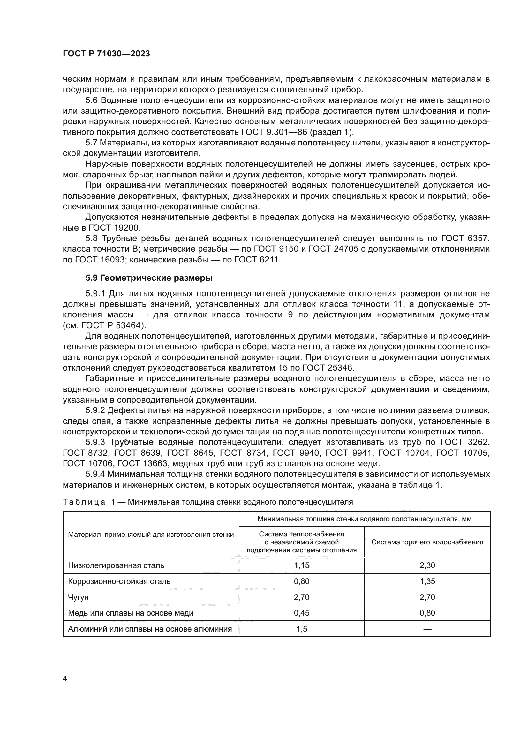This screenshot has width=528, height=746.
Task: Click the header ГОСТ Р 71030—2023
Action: [x=106, y=54]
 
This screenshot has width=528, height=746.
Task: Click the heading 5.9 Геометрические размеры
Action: [x=149, y=278]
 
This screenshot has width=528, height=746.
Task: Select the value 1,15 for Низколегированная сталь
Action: [x=301, y=565]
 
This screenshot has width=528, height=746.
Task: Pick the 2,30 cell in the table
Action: [x=427, y=565]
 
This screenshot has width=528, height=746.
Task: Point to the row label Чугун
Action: [x=78, y=597]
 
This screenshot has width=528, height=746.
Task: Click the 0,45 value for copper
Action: [x=301, y=613]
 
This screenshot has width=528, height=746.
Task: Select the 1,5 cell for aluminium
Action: [x=301, y=629]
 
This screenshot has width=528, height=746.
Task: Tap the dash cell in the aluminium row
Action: [x=427, y=629]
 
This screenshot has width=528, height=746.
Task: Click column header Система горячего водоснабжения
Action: [x=427, y=542]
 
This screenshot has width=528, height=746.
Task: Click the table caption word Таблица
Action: [x=84, y=502]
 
